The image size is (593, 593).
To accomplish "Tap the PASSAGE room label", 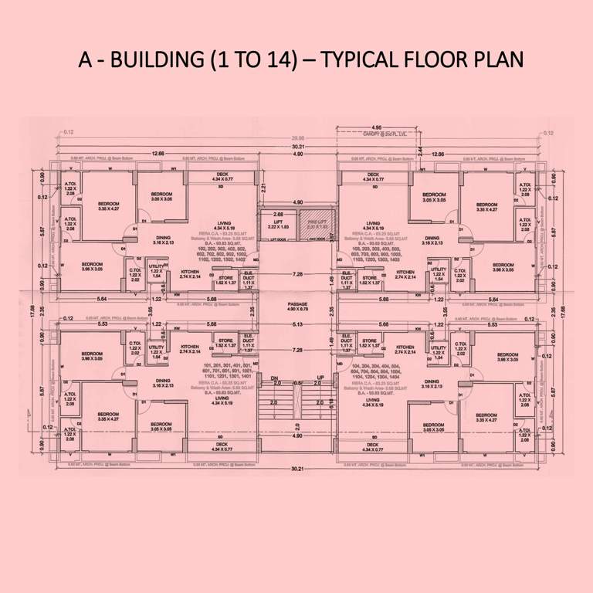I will point(297,305).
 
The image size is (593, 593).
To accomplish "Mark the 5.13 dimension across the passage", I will point(297,325).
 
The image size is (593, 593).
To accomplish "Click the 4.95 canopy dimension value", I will point(376,127).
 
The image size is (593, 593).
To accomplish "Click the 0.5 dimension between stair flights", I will point(297,383).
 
